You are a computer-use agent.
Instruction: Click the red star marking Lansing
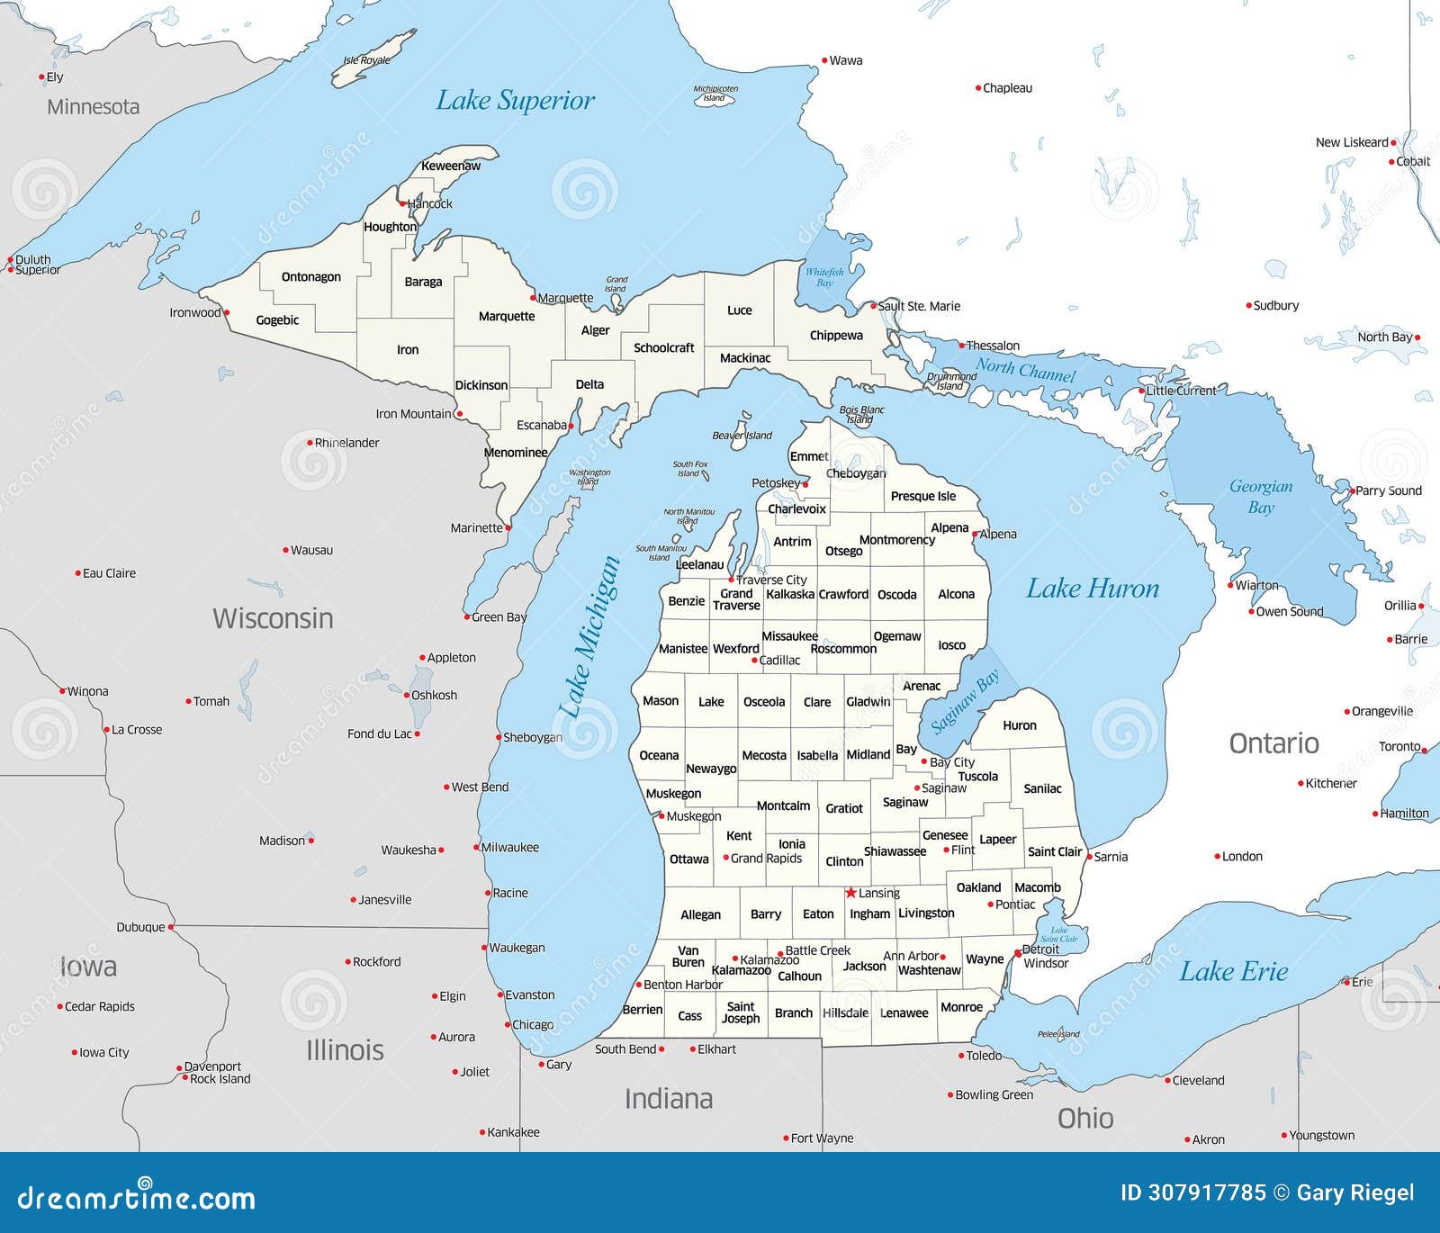(x=850, y=893)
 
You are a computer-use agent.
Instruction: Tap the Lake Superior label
(x=515, y=101)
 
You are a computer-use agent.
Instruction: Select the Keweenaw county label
(x=451, y=166)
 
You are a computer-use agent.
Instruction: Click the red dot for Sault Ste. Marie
(x=873, y=306)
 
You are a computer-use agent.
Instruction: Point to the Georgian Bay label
(x=1261, y=497)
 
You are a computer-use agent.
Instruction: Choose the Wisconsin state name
(x=273, y=618)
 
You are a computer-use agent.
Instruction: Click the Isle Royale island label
(x=367, y=60)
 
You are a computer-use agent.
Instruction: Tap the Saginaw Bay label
(x=965, y=702)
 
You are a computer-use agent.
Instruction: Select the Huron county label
(x=1020, y=725)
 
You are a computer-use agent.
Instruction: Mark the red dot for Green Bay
(x=467, y=617)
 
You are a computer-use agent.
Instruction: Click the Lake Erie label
(x=1233, y=972)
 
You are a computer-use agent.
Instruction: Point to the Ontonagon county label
(x=311, y=277)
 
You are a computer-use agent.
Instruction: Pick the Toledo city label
(x=984, y=1056)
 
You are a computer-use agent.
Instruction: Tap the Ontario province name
(x=1273, y=743)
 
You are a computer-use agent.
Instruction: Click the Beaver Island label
(x=742, y=436)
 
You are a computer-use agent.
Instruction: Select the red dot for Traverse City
(x=732, y=580)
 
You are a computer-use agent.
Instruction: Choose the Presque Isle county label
(x=923, y=496)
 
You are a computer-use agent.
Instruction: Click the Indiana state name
(x=669, y=1099)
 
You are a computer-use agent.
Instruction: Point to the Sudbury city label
(x=1276, y=306)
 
